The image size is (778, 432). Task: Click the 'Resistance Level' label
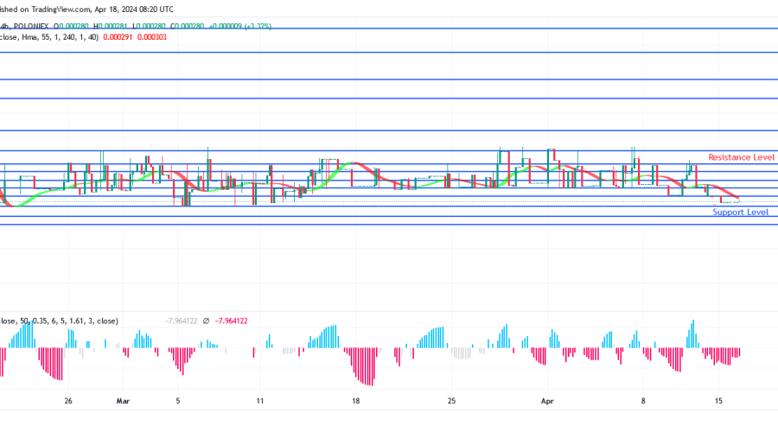coord(741,157)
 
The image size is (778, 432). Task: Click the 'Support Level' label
coord(740,212)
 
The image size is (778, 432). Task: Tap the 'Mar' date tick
coord(123,401)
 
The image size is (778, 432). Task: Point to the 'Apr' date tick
coord(546,401)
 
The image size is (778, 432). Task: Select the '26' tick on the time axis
coord(68,401)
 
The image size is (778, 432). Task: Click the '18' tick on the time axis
coord(355,401)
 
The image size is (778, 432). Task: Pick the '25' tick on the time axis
coord(451,401)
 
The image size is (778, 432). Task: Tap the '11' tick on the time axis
coord(259,401)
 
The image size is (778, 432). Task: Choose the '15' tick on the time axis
coord(717,401)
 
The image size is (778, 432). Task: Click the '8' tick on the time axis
coord(643,401)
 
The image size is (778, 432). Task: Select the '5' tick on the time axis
coord(178,401)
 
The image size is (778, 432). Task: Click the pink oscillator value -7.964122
coord(231,321)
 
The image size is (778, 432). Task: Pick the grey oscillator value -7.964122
coord(182,321)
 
